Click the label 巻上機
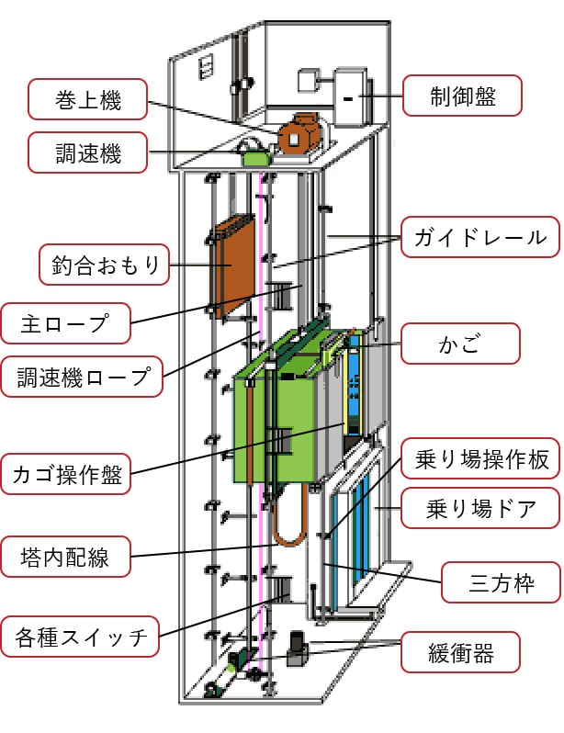[x=86, y=100]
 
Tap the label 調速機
[x=86, y=152]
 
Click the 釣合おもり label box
[x=102, y=266]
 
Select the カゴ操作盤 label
[x=66, y=475]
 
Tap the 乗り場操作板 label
[x=481, y=459]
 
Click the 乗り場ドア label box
[x=481, y=506]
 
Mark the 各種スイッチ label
[x=83, y=637]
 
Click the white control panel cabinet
[x=351, y=96]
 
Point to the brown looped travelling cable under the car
[x=291, y=524]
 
